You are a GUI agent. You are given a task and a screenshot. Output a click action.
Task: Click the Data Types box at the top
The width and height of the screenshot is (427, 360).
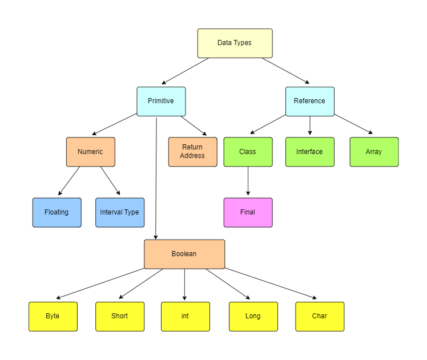pos(235,43)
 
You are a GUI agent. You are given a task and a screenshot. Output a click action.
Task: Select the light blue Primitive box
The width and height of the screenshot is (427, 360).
pos(161,101)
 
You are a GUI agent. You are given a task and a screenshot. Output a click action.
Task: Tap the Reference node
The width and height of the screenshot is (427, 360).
pos(309,101)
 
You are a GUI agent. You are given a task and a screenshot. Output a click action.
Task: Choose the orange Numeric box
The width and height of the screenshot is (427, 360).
pos(90,152)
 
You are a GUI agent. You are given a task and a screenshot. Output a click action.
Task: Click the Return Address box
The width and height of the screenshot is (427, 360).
pos(192,152)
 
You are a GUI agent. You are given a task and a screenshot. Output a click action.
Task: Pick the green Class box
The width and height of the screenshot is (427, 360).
pos(248,152)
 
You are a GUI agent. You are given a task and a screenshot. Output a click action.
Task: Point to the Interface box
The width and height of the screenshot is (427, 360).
pos(309,152)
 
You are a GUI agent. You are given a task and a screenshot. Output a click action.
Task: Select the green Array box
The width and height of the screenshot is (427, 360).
pos(374,152)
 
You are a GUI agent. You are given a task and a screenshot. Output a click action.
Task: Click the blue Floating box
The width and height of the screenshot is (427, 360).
pos(57,212)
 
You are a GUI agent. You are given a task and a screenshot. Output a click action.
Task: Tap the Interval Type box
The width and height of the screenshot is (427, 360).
pos(120,212)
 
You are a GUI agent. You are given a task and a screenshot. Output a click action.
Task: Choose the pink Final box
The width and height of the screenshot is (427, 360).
pos(248,212)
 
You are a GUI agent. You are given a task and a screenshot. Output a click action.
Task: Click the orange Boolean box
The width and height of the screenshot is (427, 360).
pos(184,254)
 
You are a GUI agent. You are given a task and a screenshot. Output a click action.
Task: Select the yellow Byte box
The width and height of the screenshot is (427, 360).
pos(53,316)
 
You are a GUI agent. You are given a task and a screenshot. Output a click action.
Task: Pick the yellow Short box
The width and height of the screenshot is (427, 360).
pos(120,316)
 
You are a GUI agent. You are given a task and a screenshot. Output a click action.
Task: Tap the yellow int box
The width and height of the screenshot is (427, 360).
pos(185,316)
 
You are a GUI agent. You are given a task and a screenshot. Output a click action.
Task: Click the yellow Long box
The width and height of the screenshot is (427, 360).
pos(253,316)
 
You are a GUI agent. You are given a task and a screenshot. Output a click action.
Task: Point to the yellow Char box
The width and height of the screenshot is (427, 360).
pos(320,316)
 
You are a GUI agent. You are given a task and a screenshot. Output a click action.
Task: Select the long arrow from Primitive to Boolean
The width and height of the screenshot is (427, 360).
pos(156,177)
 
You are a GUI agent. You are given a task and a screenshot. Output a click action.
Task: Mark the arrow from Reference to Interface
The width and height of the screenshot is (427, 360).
pos(309,126)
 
